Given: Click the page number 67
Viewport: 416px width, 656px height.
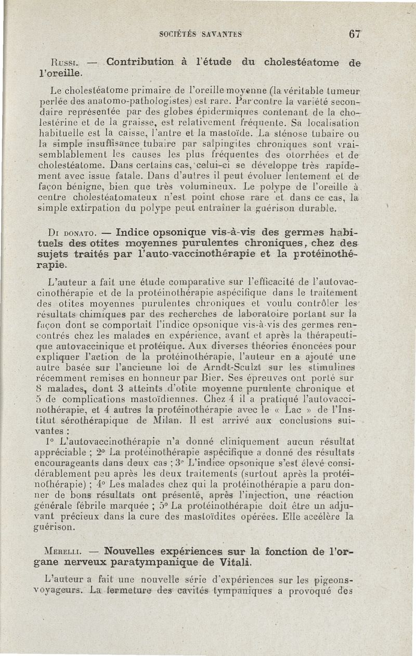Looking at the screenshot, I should (355, 34).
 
